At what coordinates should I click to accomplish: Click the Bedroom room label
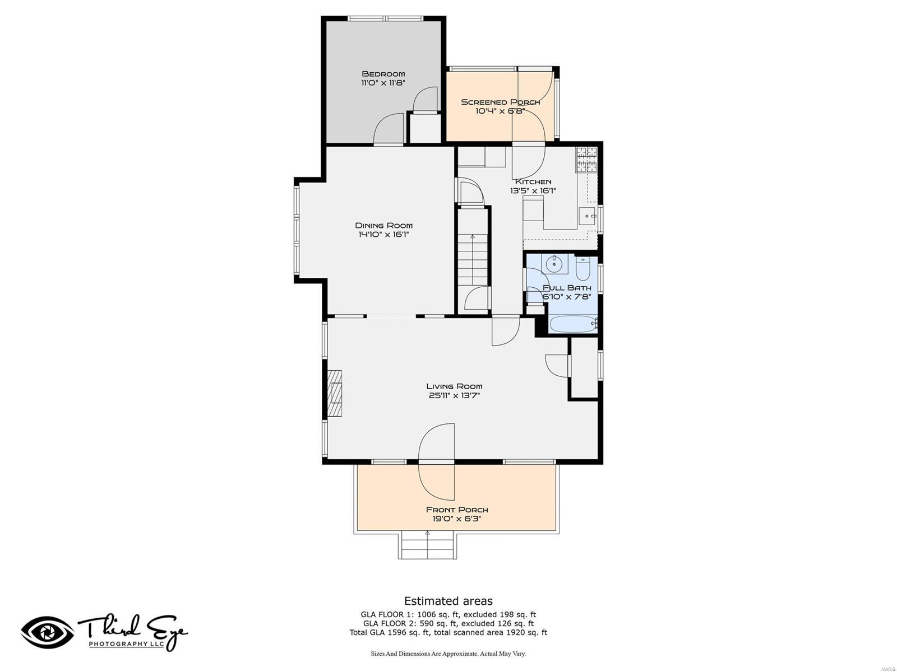383,74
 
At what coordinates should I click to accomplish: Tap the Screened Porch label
500,102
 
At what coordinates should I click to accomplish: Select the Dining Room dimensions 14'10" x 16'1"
383,234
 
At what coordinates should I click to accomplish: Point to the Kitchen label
533,181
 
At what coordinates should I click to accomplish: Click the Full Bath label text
567,288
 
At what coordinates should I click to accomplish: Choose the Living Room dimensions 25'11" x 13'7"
454,395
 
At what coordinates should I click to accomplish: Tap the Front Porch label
457,510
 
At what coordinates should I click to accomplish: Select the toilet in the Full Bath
582,267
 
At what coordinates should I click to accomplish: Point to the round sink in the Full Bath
554,263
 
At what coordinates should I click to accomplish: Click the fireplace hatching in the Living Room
335,393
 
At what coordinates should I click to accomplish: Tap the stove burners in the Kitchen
586,160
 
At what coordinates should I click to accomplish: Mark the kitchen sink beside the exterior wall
588,216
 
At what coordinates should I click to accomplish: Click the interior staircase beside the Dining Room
473,259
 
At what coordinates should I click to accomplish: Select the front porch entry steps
427,545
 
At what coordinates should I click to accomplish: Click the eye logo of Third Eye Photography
48,632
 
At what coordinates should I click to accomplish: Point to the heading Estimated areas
449,600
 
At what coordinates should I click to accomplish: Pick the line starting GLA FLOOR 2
449,623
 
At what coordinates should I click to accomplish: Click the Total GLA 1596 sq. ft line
449,632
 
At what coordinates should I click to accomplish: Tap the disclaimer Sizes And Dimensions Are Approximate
449,654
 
